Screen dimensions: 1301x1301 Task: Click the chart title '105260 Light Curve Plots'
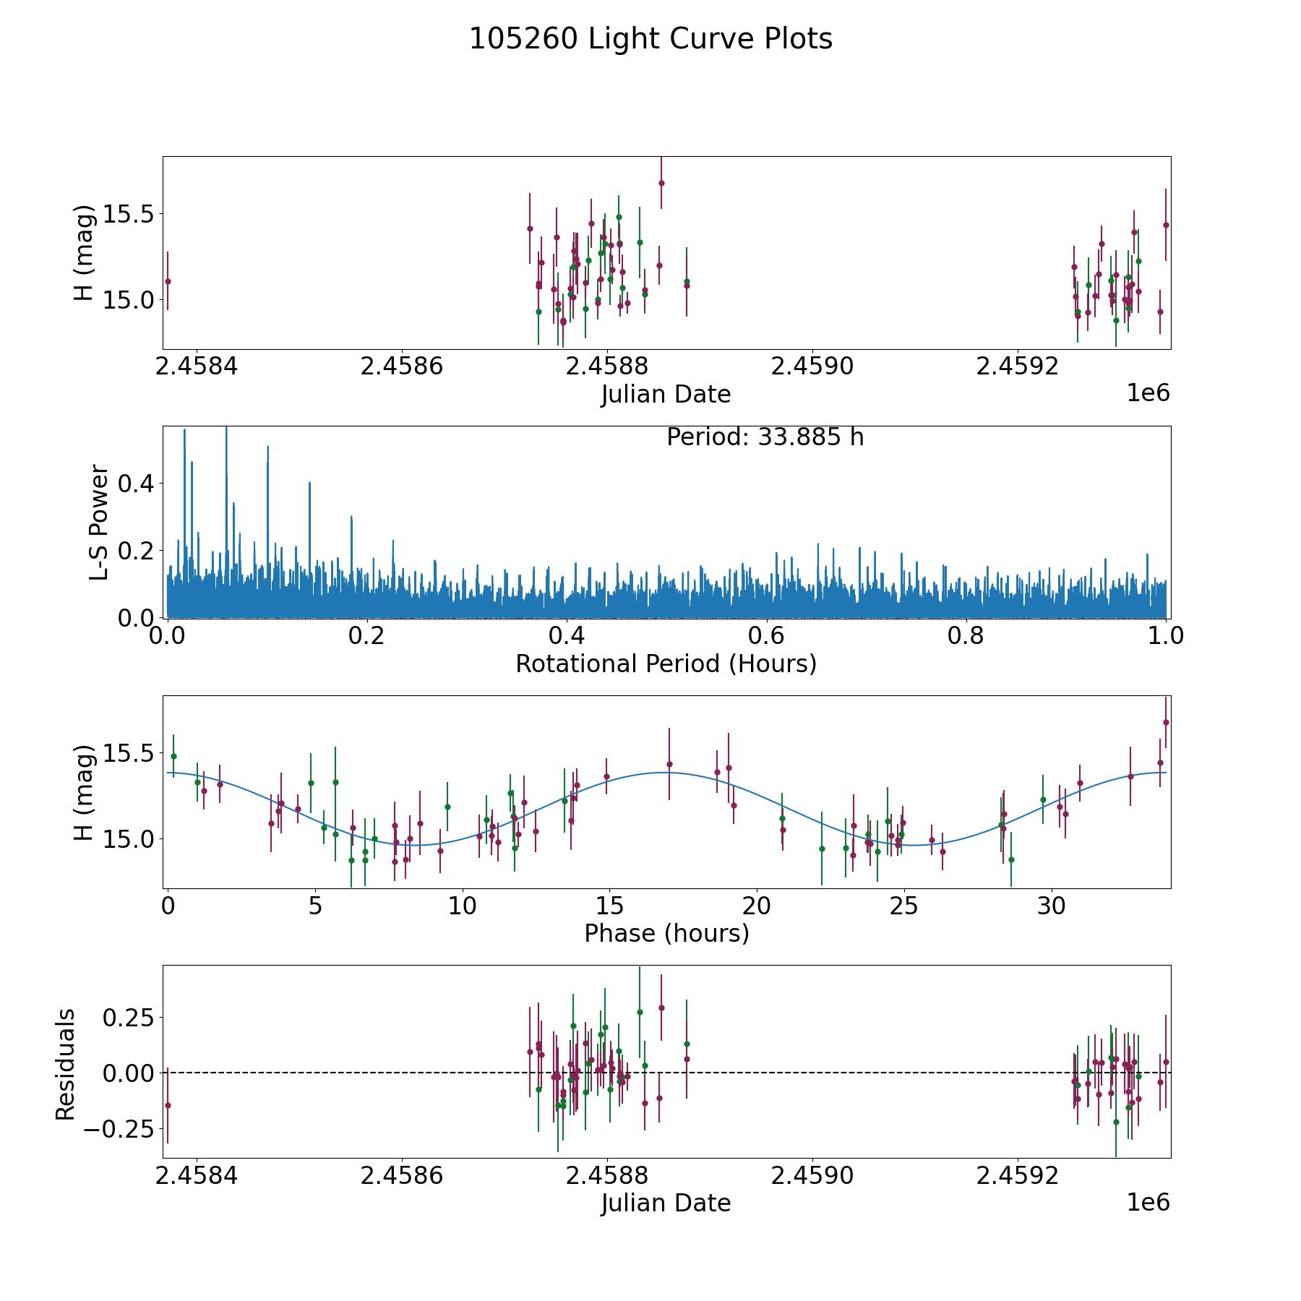[x=650, y=39]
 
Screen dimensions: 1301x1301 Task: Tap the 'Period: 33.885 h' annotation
[x=765, y=437]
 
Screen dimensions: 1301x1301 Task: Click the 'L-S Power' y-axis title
[x=100, y=523]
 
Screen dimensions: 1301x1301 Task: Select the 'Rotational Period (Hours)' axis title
[x=666, y=664]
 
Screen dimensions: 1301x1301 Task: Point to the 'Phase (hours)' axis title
[x=666, y=933]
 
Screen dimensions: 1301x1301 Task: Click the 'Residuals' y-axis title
[x=66, y=1065]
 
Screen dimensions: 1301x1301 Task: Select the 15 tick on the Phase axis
[x=609, y=906]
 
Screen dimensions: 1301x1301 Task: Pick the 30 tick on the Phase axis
[x=1052, y=906]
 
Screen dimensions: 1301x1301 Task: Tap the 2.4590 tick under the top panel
[x=812, y=366]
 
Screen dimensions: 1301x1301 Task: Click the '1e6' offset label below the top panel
[x=1148, y=393]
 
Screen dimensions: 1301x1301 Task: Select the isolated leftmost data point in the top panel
[x=168, y=281]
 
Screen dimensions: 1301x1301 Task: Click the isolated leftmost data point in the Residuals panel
[x=168, y=1105]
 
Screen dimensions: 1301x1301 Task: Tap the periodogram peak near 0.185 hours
[x=351, y=518]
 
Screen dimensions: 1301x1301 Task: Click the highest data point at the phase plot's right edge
[x=1166, y=722]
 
